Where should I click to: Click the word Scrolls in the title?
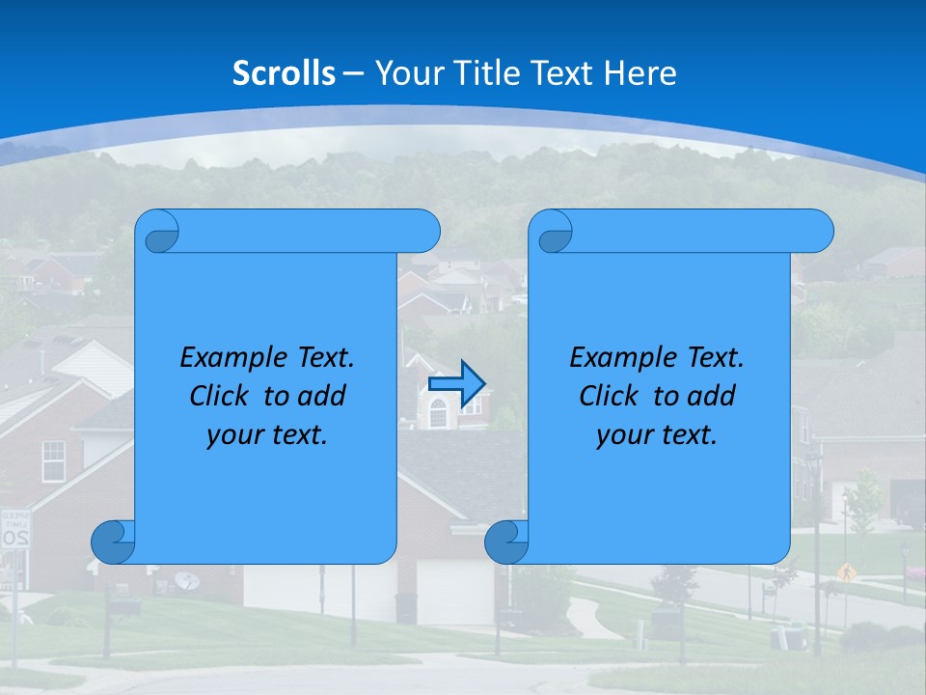tap(284, 73)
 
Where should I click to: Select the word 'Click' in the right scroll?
tap(609, 396)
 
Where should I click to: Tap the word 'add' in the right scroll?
tap(714, 396)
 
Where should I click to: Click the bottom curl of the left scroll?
tap(113, 542)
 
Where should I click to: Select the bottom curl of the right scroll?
tap(505, 542)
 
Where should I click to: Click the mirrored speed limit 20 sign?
tap(14, 529)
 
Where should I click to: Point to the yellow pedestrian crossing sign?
tap(847, 571)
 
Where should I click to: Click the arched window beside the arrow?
tap(438, 413)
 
